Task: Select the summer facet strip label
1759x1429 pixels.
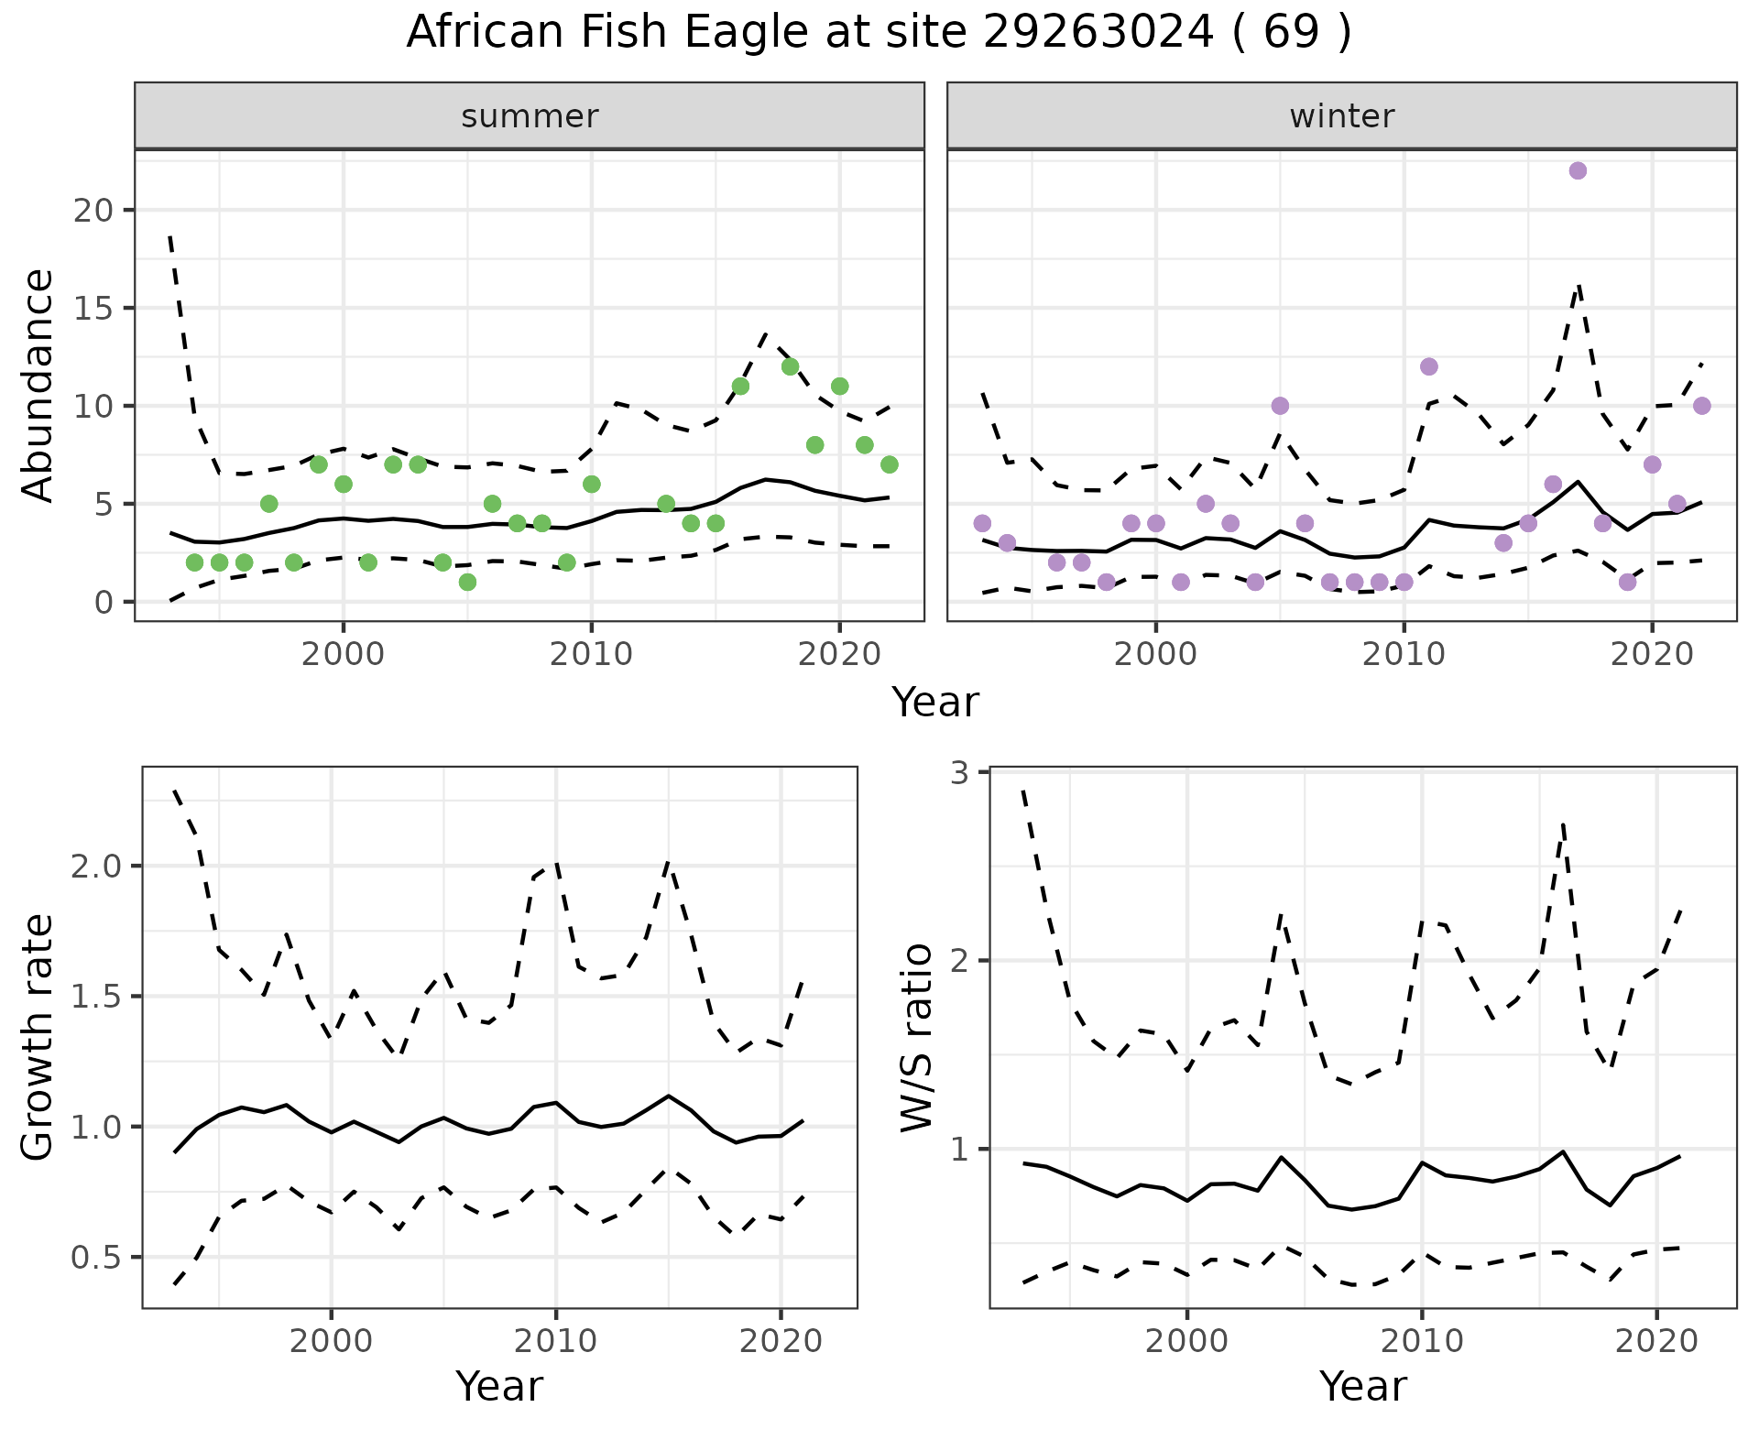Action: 530,116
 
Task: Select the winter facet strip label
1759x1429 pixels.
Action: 1341,116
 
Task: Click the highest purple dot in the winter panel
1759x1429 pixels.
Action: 1578,170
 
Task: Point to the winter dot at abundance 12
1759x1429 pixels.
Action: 1428,366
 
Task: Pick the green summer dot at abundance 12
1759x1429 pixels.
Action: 790,366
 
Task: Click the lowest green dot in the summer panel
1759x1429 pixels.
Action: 467,582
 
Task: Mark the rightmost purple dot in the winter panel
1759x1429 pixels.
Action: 1701,406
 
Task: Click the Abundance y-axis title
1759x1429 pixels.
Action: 38,385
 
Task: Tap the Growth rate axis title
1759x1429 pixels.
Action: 38,1037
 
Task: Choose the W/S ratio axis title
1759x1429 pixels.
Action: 916,1037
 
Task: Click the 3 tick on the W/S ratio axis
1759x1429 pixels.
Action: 960,773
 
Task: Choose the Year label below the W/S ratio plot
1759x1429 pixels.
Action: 1362,1386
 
